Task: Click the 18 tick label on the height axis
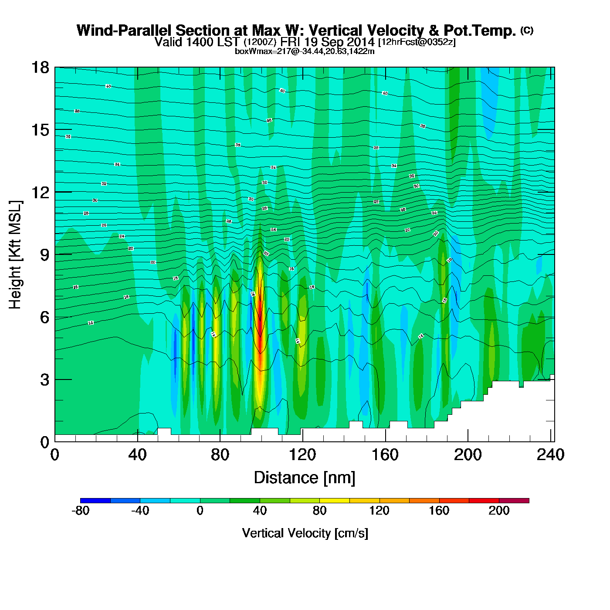click(x=40, y=68)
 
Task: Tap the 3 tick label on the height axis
click(x=44, y=380)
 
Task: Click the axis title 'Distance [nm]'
click(x=305, y=478)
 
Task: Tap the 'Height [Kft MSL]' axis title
click(x=15, y=255)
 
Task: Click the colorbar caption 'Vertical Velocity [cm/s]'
click(x=305, y=533)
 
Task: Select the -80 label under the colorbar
click(x=81, y=511)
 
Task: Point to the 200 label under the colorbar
click(x=499, y=511)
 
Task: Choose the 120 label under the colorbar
click(x=380, y=511)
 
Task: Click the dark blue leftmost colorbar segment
click(x=95, y=501)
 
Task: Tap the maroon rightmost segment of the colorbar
click(x=514, y=501)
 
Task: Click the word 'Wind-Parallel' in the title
click(x=125, y=30)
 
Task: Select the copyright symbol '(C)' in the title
click(x=527, y=30)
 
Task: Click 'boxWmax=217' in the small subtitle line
click(x=255, y=51)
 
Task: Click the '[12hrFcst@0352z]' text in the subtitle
click(x=417, y=42)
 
